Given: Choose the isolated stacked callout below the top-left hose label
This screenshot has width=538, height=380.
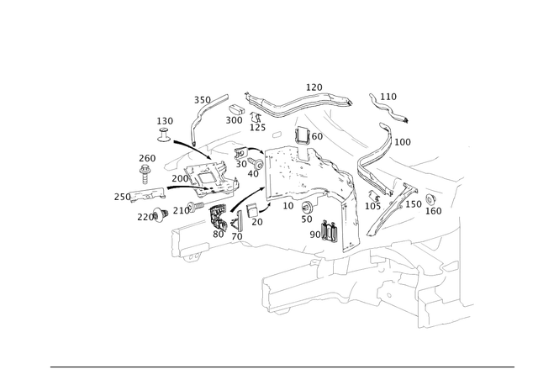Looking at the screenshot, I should tap(165, 126).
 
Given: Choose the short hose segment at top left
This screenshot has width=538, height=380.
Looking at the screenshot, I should tap(216, 105).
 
